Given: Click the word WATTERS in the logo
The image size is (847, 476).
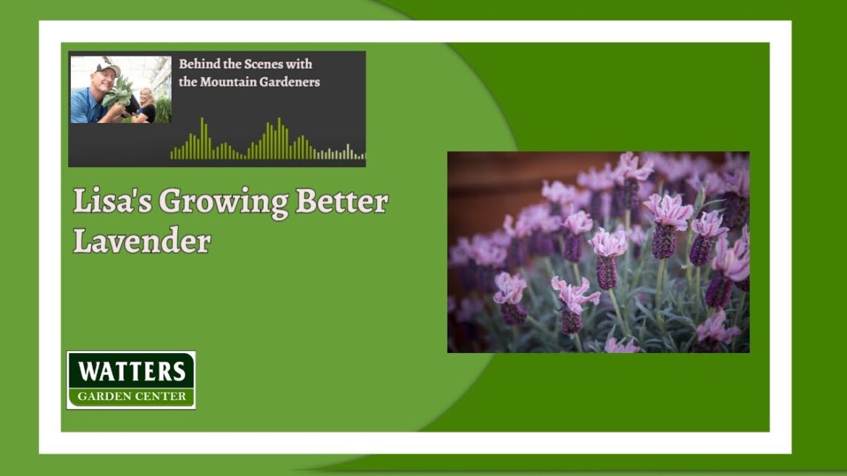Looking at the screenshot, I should click(x=131, y=371).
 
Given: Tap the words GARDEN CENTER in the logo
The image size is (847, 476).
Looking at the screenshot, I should click(x=131, y=396).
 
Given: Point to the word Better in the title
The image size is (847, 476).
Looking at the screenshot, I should click(x=341, y=203).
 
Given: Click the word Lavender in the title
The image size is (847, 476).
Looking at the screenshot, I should click(x=142, y=241).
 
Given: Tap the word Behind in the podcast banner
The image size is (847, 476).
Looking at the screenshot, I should click(x=199, y=64).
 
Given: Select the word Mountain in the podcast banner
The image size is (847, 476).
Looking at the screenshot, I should click(x=229, y=82).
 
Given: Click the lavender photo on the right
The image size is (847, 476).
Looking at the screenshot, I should click(x=598, y=252).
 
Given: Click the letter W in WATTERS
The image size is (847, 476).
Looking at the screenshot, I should click(x=87, y=371).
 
